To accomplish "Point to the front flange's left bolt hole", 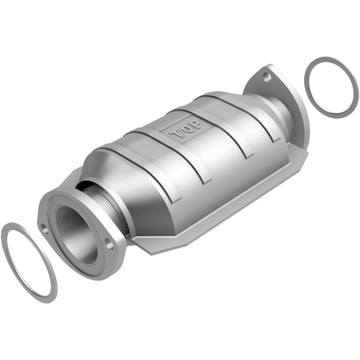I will point(45,230).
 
